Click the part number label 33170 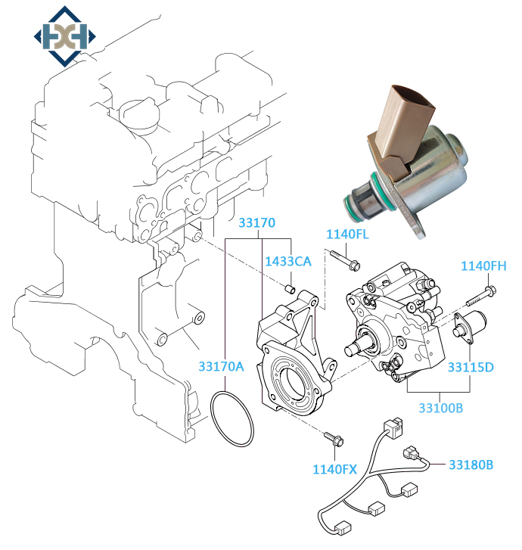pos(257,223)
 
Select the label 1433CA pos(288,262)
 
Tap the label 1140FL pos(347,234)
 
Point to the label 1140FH pos(483,266)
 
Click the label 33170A pos(222,366)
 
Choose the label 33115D pos(470,368)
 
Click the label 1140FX pos(334,469)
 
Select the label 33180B pos(471,464)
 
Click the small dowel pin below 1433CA pos(288,288)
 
